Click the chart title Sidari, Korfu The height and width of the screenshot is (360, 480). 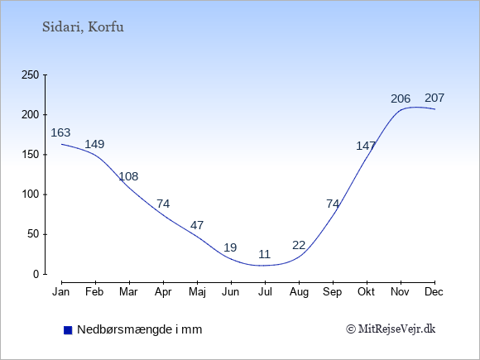click(x=83, y=27)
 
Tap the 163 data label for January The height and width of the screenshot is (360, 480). click(x=60, y=132)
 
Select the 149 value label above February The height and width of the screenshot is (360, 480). click(x=94, y=144)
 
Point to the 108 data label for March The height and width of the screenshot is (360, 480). click(x=128, y=176)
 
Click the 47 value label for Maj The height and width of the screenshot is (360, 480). click(x=197, y=225)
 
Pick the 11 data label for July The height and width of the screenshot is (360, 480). click(x=265, y=254)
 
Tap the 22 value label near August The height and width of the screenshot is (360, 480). click(x=299, y=245)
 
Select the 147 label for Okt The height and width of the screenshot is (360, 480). click(x=366, y=146)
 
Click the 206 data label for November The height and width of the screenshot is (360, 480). click(x=401, y=98)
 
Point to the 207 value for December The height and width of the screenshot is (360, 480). click(x=434, y=98)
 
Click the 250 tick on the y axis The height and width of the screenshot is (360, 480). click(x=31, y=75)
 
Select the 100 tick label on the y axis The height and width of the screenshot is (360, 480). click(x=31, y=194)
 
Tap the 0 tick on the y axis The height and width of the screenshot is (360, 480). click(x=36, y=274)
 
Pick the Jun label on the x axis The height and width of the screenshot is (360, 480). click(x=231, y=292)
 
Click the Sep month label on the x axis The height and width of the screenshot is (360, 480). click(x=333, y=292)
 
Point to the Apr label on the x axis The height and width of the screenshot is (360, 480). click(x=163, y=292)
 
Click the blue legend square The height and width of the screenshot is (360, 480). click(x=68, y=330)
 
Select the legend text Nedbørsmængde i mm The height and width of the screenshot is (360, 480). click(x=140, y=329)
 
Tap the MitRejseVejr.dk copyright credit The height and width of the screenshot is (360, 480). click(x=391, y=329)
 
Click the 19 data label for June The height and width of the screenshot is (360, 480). click(x=230, y=247)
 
